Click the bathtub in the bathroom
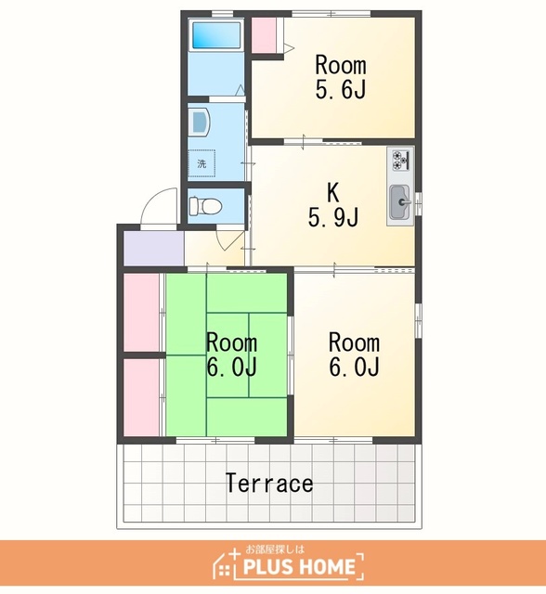pyautogui.click(x=216, y=35)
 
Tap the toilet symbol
pyautogui.click(x=205, y=206)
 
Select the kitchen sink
pyautogui.click(x=399, y=202)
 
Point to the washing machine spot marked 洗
pyautogui.click(x=201, y=163)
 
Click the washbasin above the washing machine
pyautogui.click(x=200, y=122)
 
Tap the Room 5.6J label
pyautogui.click(x=341, y=77)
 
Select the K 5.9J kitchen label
pyautogui.click(x=333, y=205)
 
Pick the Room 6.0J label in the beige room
pyautogui.click(x=354, y=355)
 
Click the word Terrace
pyautogui.click(x=269, y=483)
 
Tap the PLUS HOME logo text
pyautogui.click(x=299, y=567)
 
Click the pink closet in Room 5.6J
pyautogui.click(x=264, y=35)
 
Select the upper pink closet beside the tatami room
pyautogui.click(x=142, y=313)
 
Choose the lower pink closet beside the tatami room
pyautogui.click(x=142, y=397)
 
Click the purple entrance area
pyautogui.click(x=154, y=248)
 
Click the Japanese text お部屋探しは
pyautogui.click(x=275, y=549)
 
